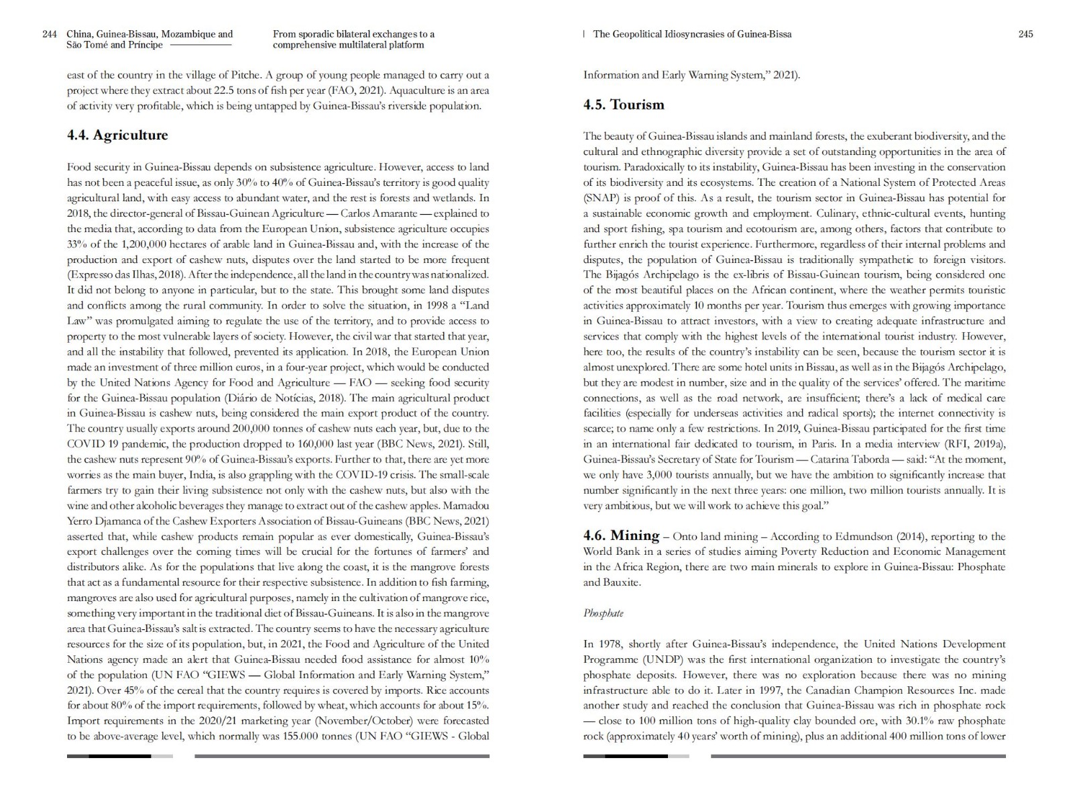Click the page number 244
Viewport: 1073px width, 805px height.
[50, 34]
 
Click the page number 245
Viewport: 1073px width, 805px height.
[1025, 34]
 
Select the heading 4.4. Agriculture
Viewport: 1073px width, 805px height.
[117, 136]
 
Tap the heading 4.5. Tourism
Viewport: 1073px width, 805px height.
[624, 105]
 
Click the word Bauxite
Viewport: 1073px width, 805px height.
[621, 582]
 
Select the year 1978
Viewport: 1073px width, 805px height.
[609, 644]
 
